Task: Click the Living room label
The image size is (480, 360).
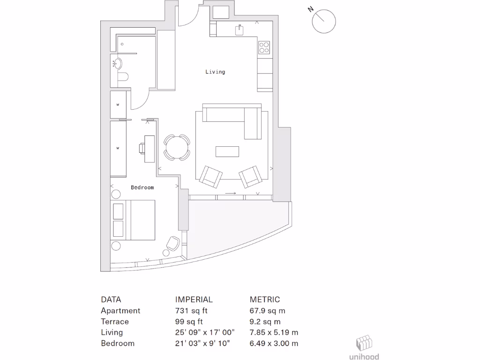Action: point(215,72)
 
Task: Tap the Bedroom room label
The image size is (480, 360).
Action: point(142,187)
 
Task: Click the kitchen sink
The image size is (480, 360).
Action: point(240,30)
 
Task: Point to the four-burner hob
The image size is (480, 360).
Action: point(264,47)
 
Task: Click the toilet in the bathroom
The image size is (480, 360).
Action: point(122,78)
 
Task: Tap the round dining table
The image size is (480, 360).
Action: point(177,147)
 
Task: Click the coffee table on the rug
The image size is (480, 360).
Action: point(227,151)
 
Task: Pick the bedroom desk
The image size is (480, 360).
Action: point(150,148)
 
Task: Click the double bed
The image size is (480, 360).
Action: point(133,220)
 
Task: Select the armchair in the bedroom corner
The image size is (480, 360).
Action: point(172,243)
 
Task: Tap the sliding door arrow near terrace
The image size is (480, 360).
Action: point(230,193)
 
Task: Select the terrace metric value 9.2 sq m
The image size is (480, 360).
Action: point(265,322)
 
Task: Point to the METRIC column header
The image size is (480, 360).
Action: point(264,300)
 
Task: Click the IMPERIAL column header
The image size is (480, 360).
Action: point(194,300)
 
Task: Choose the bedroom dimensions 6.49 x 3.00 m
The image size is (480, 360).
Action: point(274,343)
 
